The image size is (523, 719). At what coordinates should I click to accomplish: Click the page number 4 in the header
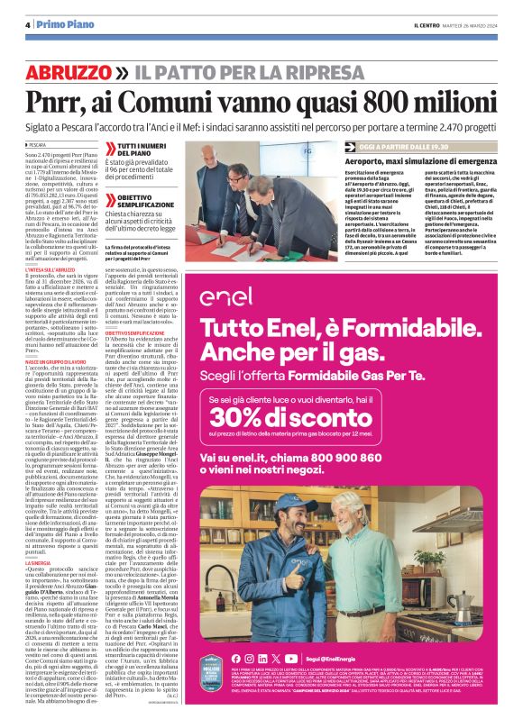click(x=29, y=24)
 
